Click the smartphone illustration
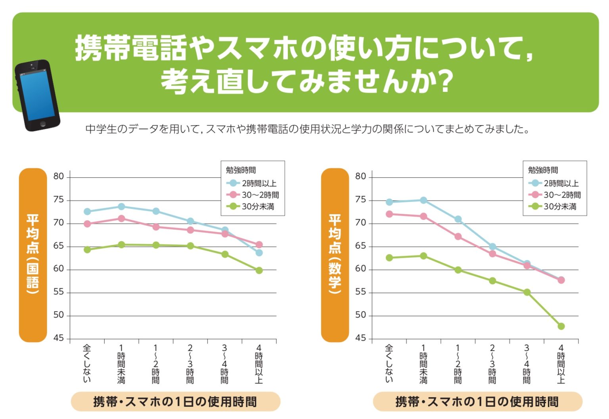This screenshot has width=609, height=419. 37,95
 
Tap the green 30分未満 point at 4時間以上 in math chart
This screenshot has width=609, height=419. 561,326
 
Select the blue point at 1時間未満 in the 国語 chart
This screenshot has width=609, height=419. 121,207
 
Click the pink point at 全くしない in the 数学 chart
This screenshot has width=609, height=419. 389,214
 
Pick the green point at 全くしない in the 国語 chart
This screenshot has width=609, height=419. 87,249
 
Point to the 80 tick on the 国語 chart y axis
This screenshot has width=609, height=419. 59,176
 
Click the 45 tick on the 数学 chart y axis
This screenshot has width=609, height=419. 360,338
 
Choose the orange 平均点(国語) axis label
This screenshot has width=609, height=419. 33,255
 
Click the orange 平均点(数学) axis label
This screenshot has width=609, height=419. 335,255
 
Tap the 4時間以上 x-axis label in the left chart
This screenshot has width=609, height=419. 259,364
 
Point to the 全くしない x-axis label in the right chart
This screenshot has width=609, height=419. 389,363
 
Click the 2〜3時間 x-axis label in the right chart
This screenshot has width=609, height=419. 492,364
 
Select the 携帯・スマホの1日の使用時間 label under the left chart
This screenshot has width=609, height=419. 175,402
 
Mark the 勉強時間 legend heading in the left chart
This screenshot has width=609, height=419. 241,170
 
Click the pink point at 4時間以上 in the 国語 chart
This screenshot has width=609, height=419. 259,245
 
